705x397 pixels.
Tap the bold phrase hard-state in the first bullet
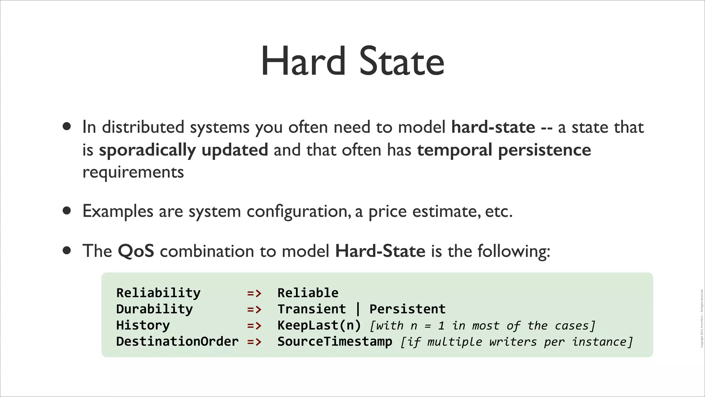[x=493, y=127]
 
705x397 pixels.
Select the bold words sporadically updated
[x=183, y=150]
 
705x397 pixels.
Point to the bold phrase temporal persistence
[x=504, y=150]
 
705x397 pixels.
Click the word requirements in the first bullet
[x=133, y=172]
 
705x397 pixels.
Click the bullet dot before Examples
[x=67, y=211]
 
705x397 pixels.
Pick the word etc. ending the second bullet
[x=499, y=211]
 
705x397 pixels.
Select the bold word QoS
[x=136, y=251]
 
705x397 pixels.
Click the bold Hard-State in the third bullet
[x=380, y=251]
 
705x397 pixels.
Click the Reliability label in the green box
[x=158, y=293]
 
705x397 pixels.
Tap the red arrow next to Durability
[x=254, y=309]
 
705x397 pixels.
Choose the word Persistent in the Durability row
[x=407, y=309]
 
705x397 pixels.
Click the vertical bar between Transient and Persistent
[x=358, y=309]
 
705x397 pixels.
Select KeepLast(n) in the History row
[x=319, y=325]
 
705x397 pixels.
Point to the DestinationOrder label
[x=177, y=342]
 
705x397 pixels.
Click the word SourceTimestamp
[x=335, y=342]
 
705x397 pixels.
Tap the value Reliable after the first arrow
[x=308, y=293]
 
